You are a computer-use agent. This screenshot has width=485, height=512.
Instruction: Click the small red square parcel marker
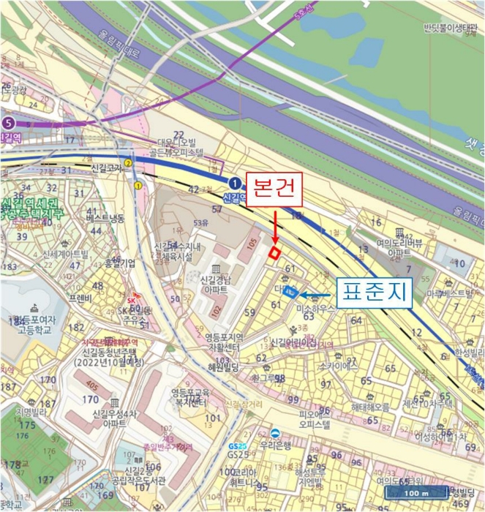click(274, 253)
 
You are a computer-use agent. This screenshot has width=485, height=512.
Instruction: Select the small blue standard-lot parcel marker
click(290, 291)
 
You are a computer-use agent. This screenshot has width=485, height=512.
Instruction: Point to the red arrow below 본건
click(274, 227)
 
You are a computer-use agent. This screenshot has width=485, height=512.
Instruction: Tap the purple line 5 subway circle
click(9, 123)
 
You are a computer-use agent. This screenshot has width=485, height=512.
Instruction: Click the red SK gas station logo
click(132, 301)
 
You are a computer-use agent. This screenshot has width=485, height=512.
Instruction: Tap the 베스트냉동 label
click(105, 219)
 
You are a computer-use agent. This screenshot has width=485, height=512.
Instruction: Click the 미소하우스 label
click(315, 309)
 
